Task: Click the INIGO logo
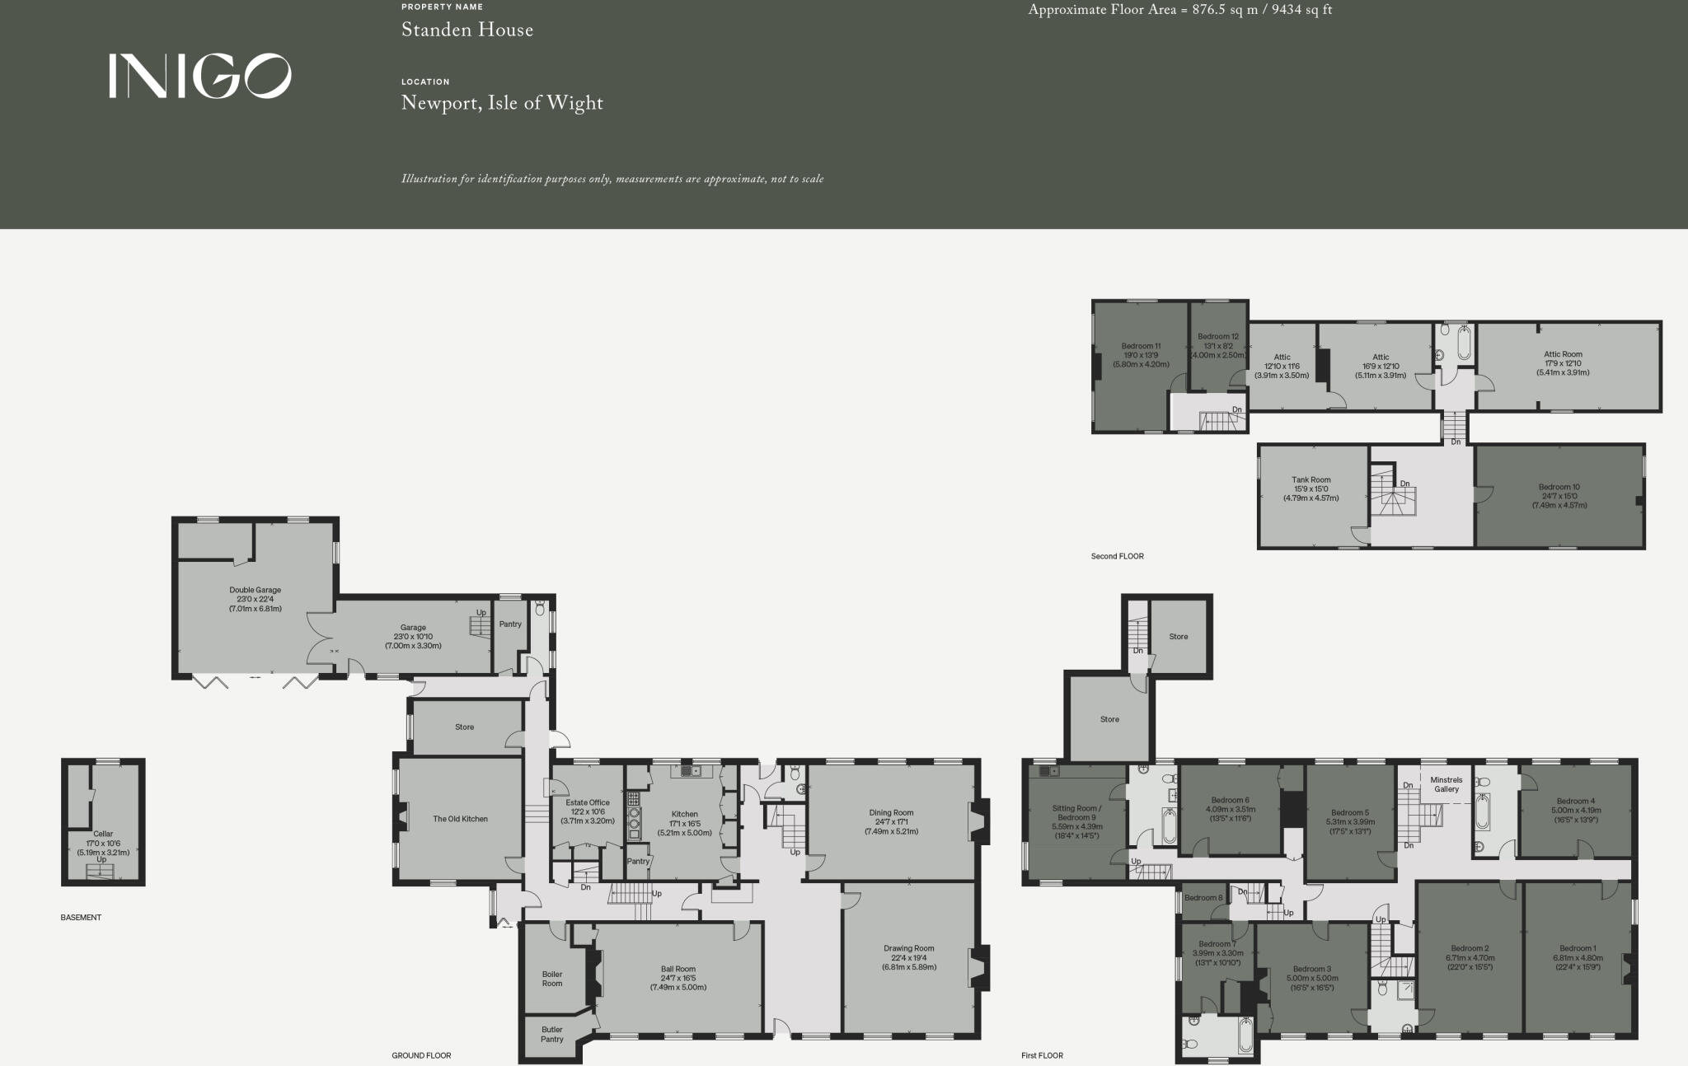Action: [199, 76]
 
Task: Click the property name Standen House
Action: [467, 30]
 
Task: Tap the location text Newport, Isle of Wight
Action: [502, 104]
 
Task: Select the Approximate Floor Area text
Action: [1179, 11]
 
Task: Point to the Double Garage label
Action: [255, 591]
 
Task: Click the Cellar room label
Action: [103, 835]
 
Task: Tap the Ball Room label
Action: [678, 970]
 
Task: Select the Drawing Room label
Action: [909, 949]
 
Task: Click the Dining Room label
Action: [891, 813]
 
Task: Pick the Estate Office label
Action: [588, 803]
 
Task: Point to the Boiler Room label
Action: [552, 979]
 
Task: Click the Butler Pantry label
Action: [552, 1034]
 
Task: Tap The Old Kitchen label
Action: [460, 819]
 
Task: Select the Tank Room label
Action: [1311, 480]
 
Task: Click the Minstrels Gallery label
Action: [1446, 784]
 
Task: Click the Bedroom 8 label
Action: [1204, 898]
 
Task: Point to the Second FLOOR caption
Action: [1117, 557]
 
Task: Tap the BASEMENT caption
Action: [81, 918]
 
